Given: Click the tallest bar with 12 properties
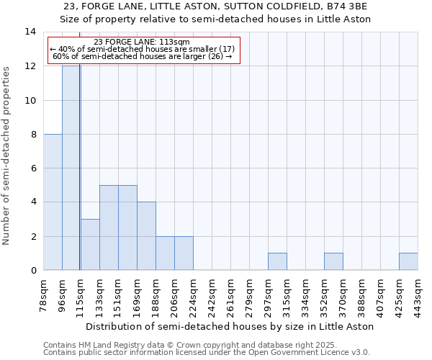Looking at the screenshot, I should [x=71, y=168].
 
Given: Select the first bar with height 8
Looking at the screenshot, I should [x=53, y=202].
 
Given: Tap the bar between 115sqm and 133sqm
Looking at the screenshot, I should [x=90, y=245].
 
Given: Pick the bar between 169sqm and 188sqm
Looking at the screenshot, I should [x=146, y=236].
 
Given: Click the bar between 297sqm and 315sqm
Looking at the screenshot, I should [x=277, y=262].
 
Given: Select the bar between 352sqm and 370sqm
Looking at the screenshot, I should [x=333, y=262].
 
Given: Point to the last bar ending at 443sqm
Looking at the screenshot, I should [x=408, y=262].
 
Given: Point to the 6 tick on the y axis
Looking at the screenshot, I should [x=32, y=168].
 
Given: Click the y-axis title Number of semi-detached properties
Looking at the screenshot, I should [x=7, y=155].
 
